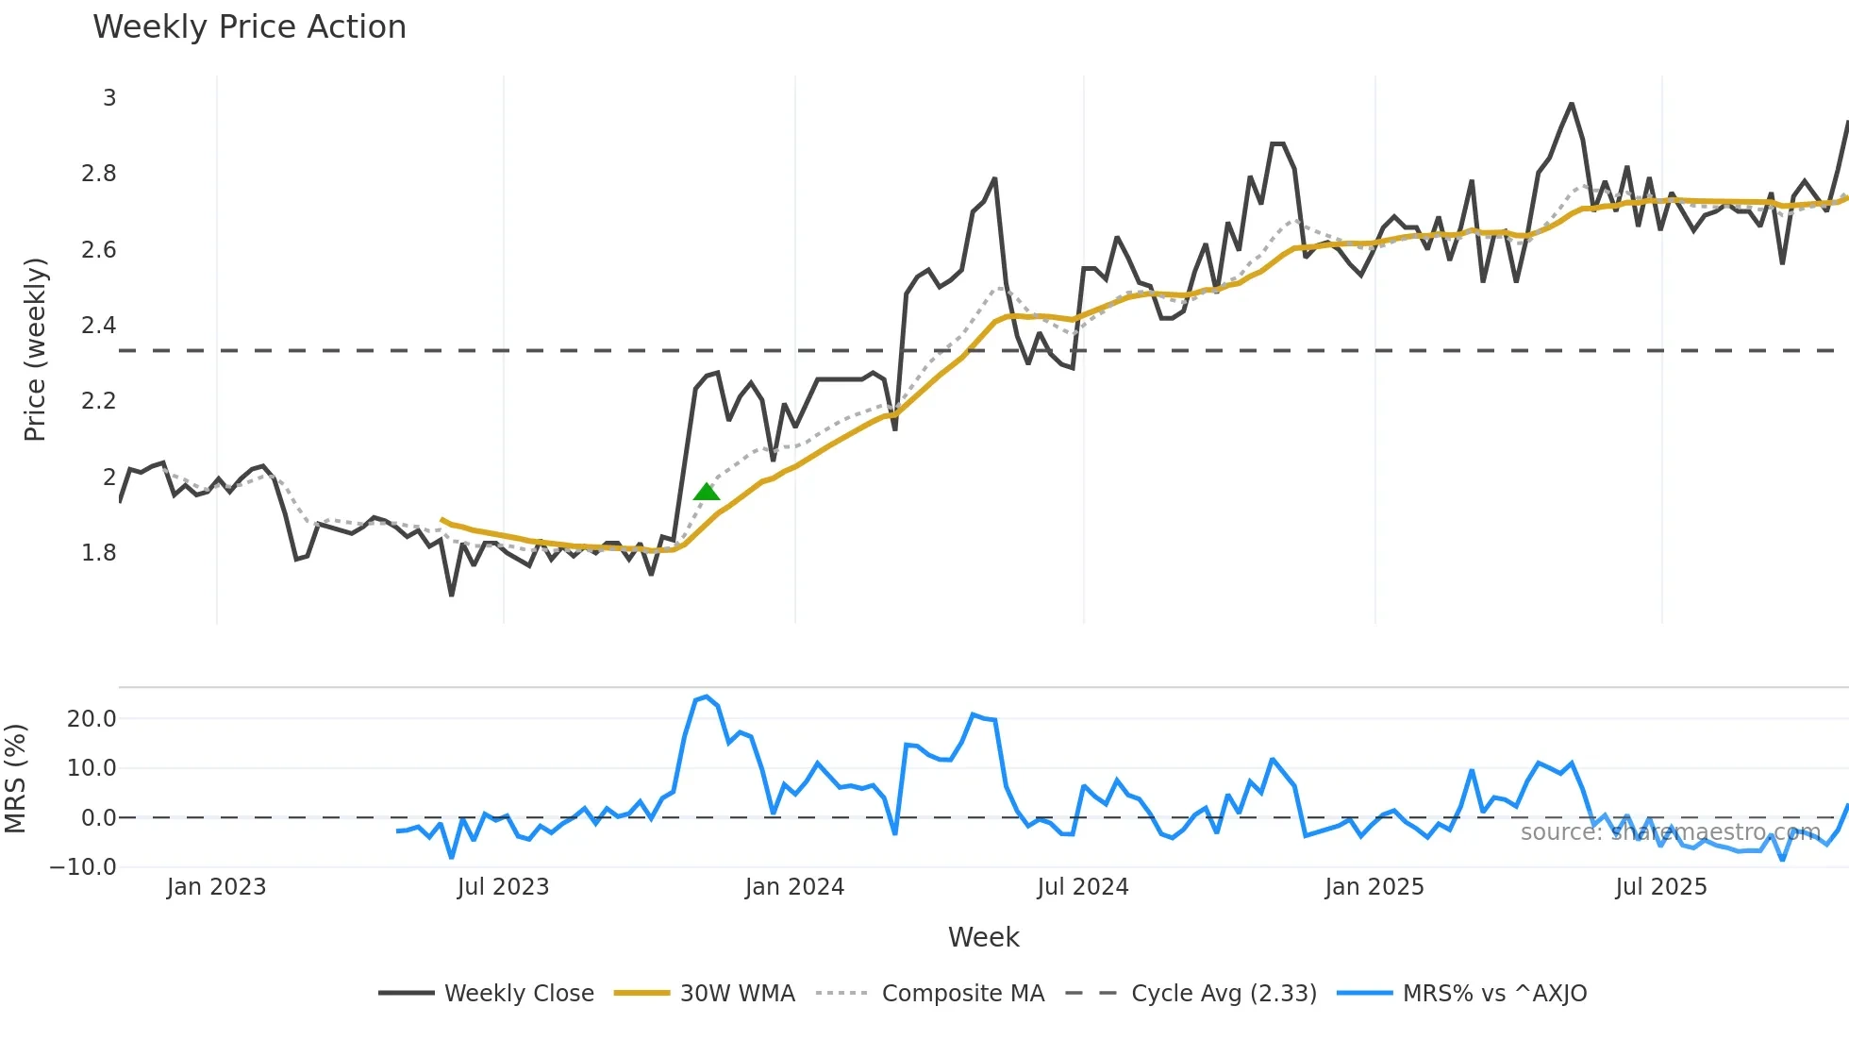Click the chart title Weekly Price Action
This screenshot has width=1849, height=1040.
[x=249, y=27]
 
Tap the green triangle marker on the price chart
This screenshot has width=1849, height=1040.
[x=707, y=492]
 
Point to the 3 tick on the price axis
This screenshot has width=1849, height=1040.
[x=109, y=98]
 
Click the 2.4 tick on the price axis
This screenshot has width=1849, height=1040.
[x=99, y=326]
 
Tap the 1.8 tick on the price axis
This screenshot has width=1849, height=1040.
[x=99, y=553]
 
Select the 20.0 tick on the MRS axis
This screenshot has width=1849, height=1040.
[x=92, y=719]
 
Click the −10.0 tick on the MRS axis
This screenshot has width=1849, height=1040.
[x=83, y=867]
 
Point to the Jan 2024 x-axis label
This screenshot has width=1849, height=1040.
[x=794, y=887]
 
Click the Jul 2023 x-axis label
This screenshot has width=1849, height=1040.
[x=503, y=887]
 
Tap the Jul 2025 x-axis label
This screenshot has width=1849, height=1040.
[x=1660, y=887]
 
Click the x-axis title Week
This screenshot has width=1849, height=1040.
[x=983, y=937]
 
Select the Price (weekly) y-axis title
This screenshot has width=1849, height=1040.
[x=35, y=349]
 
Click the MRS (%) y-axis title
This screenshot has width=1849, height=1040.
[x=15, y=779]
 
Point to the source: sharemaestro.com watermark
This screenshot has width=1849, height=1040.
[x=1670, y=832]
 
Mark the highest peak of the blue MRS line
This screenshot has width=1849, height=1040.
[x=707, y=696]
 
